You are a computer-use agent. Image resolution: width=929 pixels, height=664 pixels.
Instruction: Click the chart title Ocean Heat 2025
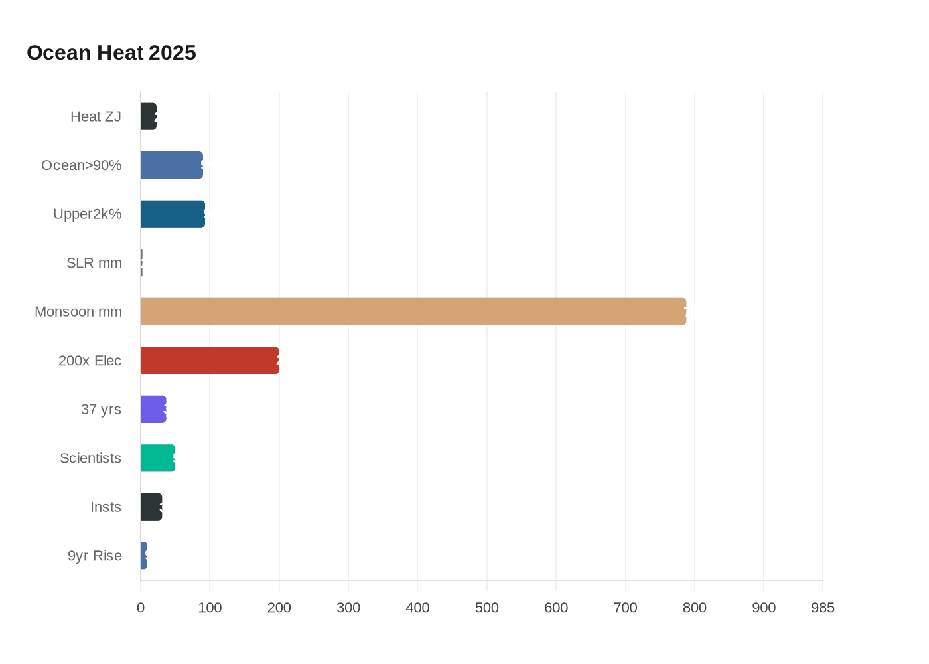[111, 53]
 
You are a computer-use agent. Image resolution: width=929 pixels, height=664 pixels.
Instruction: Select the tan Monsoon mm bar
[413, 311]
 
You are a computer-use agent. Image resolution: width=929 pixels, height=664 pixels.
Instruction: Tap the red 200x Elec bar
[210, 361]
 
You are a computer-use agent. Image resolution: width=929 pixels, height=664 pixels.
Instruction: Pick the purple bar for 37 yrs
[153, 409]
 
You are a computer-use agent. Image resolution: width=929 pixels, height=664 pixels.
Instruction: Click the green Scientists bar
[158, 458]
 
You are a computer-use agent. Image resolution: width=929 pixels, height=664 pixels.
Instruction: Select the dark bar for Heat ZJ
[149, 116]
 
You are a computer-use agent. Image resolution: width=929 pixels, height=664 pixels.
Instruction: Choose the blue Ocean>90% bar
[172, 165]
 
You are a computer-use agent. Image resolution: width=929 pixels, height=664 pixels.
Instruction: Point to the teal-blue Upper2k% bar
[173, 214]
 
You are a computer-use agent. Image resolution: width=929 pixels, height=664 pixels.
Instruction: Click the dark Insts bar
[151, 507]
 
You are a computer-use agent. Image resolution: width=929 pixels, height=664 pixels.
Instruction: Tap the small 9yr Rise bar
[144, 556]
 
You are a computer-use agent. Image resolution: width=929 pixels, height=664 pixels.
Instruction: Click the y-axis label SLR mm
[94, 263]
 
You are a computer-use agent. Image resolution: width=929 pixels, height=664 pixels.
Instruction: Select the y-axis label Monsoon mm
[78, 311]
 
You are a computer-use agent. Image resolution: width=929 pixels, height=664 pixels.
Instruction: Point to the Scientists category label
[90, 458]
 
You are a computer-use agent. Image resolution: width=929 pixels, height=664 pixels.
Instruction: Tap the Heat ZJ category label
[96, 116]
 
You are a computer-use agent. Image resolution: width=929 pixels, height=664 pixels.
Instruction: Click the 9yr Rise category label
[94, 556]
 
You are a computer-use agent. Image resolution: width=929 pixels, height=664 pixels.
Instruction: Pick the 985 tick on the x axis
[822, 608]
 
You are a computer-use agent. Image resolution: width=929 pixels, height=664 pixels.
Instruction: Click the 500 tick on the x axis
[486, 608]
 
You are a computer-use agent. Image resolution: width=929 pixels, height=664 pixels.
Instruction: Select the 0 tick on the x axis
[141, 608]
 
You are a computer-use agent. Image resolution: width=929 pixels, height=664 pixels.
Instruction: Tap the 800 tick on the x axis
[694, 608]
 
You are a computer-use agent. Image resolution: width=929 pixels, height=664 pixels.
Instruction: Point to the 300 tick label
[348, 608]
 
